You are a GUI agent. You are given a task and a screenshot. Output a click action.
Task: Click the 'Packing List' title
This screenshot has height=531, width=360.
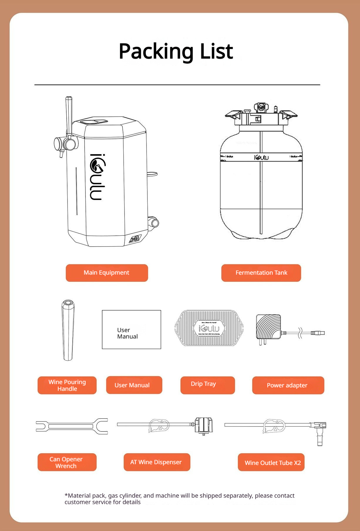pos(176,51)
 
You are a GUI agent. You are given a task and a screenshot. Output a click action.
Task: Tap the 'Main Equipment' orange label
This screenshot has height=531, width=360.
pos(107,273)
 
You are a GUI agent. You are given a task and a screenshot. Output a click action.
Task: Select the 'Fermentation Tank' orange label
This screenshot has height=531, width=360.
pos(261,273)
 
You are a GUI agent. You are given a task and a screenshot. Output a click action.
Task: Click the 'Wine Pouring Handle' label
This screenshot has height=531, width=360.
pos(67,385)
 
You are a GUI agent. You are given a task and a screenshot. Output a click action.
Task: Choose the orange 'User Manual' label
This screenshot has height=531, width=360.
pos(134,385)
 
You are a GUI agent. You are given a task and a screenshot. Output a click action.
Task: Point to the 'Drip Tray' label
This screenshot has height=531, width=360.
pos(207,385)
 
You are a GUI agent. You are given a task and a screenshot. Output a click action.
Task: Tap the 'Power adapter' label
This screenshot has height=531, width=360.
pos(288,385)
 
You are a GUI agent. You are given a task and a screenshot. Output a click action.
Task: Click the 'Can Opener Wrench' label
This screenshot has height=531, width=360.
pos(67,462)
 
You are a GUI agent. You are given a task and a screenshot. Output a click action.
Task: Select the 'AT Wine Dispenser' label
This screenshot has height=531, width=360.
pos(157,462)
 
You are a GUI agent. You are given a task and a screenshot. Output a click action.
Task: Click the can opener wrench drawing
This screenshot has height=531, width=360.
pos(72,426)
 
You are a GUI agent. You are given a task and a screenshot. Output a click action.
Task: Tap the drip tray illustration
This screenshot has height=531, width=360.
pos(209,328)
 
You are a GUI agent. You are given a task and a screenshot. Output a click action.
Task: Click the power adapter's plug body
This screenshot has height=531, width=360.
pos(268,326)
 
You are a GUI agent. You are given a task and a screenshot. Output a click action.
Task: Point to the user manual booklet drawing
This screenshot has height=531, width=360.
pos(131,329)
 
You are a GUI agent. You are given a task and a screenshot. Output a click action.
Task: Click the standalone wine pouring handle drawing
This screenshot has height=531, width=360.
pos(68,330)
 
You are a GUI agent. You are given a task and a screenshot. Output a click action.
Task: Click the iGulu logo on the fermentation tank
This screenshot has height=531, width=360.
pos(261,157)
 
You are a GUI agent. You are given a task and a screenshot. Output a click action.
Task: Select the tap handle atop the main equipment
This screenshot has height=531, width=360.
pos(69,114)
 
